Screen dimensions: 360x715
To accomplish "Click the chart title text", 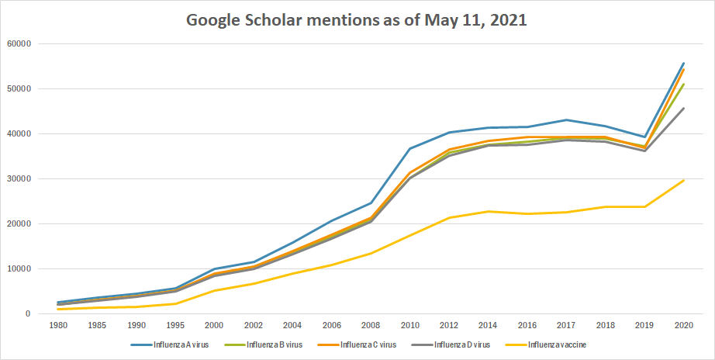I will pyautogui.click(x=357, y=20).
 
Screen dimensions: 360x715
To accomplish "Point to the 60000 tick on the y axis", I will pyautogui.click(x=17, y=43).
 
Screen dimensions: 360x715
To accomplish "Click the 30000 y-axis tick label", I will pyautogui.click(x=17, y=179).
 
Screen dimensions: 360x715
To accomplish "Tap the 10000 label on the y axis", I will pyautogui.click(x=17, y=269).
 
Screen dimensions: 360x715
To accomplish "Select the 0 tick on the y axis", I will pyautogui.click(x=27, y=314).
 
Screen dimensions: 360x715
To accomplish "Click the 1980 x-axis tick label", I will pyautogui.click(x=57, y=327).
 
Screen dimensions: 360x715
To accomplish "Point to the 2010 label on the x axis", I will pyautogui.click(x=410, y=327).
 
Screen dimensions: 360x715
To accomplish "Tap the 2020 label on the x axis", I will pyautogui.click(x=684, y=327).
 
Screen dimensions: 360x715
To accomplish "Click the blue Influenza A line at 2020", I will pyautogui.click(x=684, y=63).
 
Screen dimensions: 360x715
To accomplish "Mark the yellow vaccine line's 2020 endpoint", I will pyautogui.click(x=684, y=180).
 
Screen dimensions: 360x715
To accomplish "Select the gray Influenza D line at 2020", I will pyautogui.click(x=684, y=108).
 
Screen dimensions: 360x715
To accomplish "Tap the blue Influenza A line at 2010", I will pyautogui.click(x=410, y=148).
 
